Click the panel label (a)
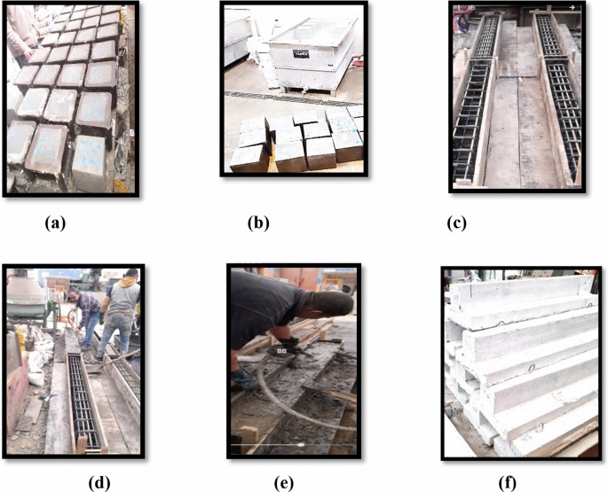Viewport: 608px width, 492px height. coord(55,223)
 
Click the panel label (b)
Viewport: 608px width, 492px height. coord(257,223)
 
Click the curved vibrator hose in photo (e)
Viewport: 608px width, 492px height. coord(266,399)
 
